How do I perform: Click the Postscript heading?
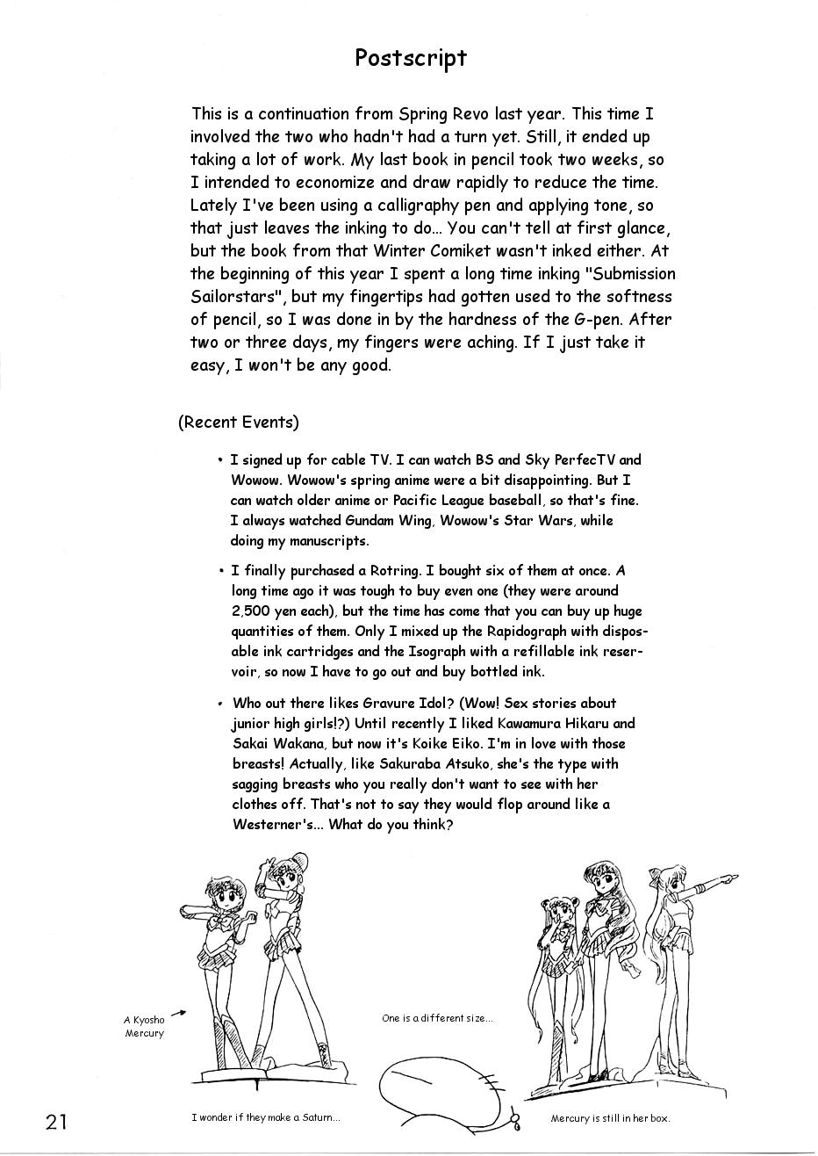tap(410, 58)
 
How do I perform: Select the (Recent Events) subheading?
tap(238, 422)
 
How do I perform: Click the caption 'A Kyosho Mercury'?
tap(144, 1026)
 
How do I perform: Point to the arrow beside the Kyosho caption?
tap(178, 1014)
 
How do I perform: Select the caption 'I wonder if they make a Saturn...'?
tap(265, 1117)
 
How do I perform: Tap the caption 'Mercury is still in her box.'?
tap(610, 1118)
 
